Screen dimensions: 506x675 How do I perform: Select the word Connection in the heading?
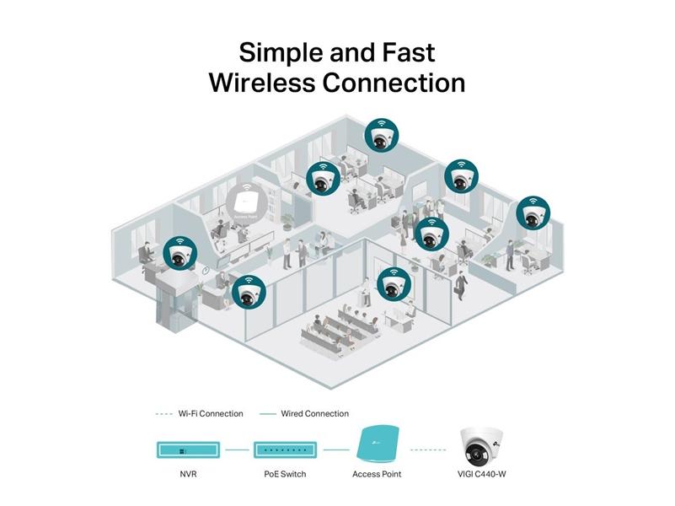(395, 83)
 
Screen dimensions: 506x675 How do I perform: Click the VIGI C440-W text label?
(483, 474)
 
